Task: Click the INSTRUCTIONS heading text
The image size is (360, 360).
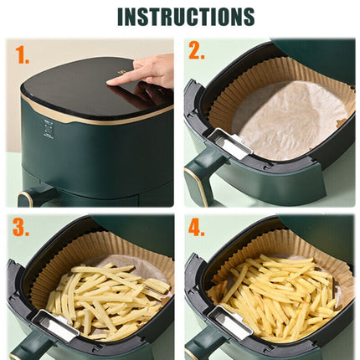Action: [x=185, y=17]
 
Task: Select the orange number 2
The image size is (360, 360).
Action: [x=197, y=52]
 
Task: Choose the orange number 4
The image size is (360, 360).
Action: [x=197, y=228]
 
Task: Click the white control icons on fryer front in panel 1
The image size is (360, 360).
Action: [x=49, y=129]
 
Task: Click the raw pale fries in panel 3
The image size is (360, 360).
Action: [x=105, y=297]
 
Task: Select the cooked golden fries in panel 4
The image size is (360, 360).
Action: [x=280, y=293]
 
